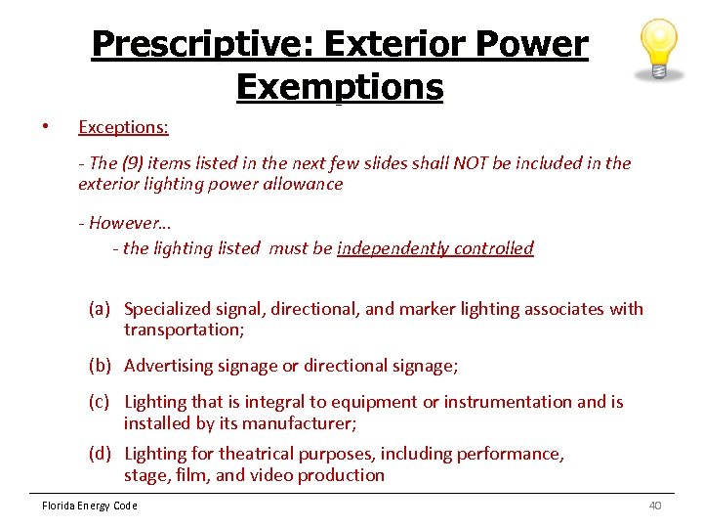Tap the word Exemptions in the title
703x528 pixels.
[339, 87]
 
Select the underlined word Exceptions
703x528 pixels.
[123, 127]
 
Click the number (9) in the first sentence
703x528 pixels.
[132, 163]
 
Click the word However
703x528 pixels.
[124, 222]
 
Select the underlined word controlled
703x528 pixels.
[495, 248]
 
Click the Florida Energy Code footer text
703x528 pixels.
[89, 506]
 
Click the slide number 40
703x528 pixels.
[654, 506]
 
